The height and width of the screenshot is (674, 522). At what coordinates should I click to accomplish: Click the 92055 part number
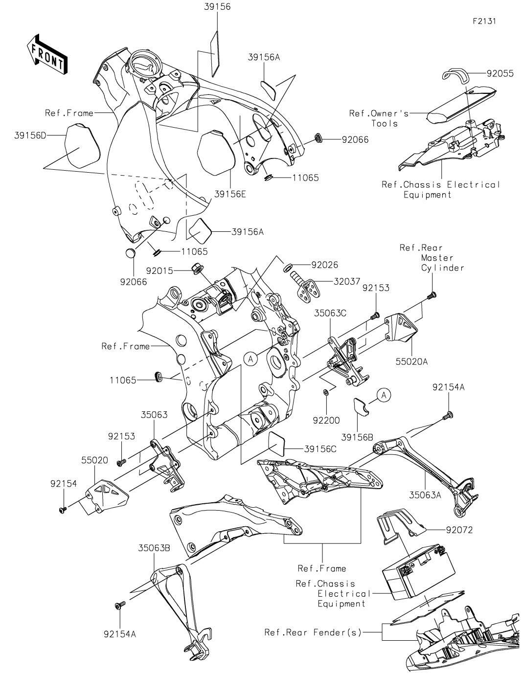coord(500,74)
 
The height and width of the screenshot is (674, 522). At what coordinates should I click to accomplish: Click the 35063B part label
coord(154,548)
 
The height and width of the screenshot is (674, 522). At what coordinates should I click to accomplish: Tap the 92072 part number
coord(459,530)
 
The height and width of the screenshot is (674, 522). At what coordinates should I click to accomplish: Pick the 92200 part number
coord(327,420)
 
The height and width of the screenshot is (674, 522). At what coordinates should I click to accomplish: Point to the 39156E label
coord(229,194)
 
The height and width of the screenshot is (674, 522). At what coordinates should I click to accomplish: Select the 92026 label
coord(324,266)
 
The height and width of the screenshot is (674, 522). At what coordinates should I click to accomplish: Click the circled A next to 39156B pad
coord(384,395)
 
